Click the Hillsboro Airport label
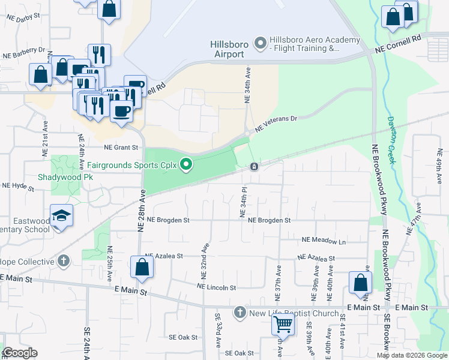point(227,49)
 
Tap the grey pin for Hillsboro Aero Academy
point(260,42)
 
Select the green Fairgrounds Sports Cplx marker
point(187,164)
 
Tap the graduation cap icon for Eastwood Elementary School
point(61,215)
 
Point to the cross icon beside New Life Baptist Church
point(240,313)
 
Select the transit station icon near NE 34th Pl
point(255,166)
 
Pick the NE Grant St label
point(121,147)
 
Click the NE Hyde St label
point(19,186)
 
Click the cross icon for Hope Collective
point(63,260)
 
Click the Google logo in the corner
point(20,353)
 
